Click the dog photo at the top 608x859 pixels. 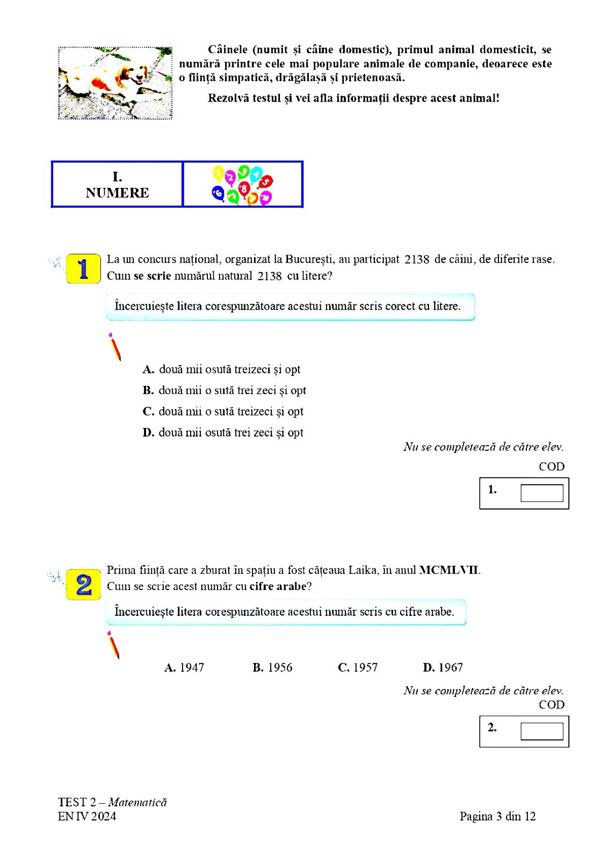point(115,83)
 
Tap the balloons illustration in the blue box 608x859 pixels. point(242,185)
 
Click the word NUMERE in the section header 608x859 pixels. point(117,193)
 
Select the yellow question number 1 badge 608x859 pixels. point(83,268)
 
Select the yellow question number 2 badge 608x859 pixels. point(83,585)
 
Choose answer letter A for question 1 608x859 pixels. point(148,369)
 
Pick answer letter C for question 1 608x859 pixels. point(148,411)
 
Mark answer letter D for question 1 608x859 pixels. point(148,433)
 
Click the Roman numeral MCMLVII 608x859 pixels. point(449,570)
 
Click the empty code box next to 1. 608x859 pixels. point(541,493)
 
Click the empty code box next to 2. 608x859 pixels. point(541,731)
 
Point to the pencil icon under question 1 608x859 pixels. point(115,347)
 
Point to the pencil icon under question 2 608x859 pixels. point(113,645)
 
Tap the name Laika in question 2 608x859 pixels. point(362,570)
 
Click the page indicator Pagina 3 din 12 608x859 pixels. point(497,816)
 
